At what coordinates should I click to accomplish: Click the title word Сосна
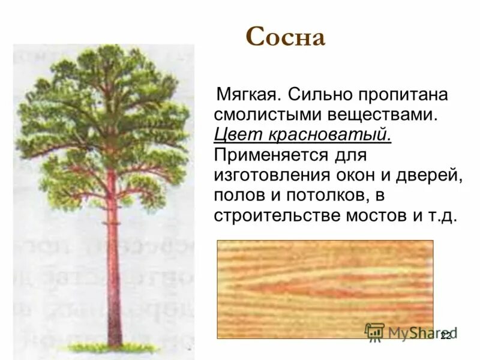pyautogui.click(x=285, y=38)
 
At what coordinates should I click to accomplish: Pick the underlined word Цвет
pyautogui.click(x=234, y=134)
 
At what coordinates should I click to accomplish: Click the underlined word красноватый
pyautogui.click(x=325, y=134)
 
